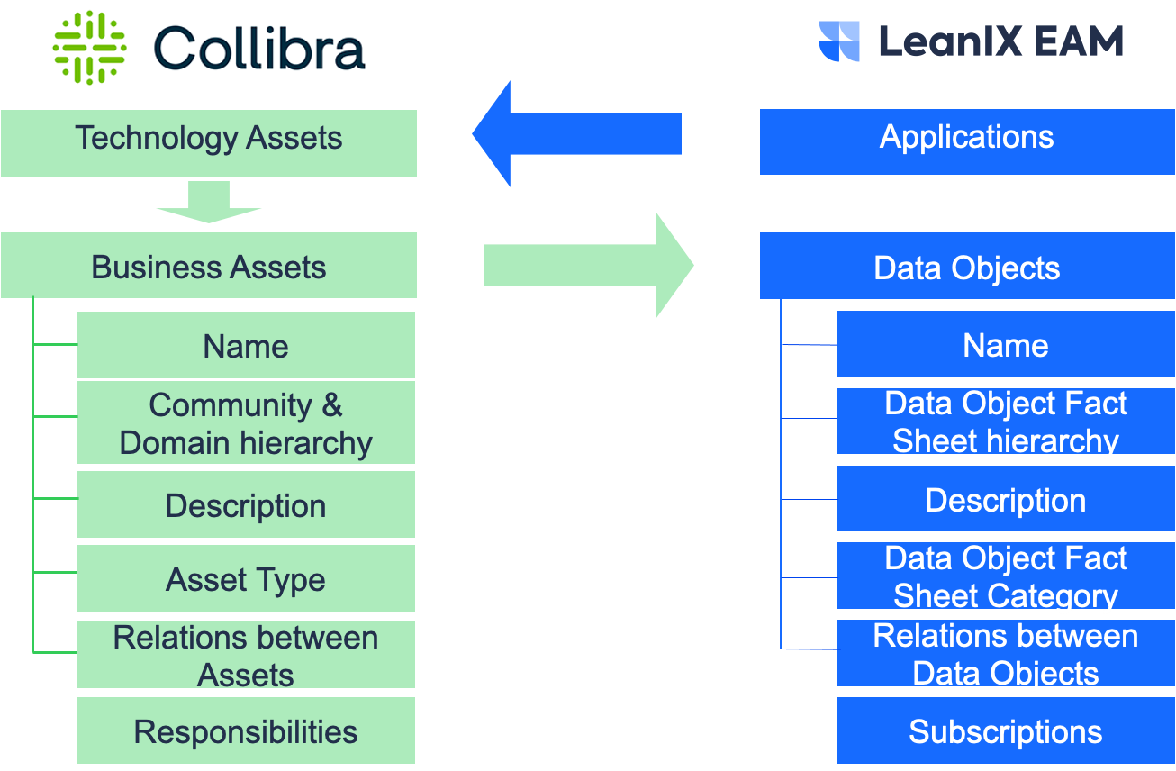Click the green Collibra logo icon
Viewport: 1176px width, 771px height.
pos(89,47)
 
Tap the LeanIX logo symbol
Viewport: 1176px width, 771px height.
pos(839,41)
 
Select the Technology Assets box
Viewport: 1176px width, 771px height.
pos(209,142)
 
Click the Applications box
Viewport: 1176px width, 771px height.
pos(967,141)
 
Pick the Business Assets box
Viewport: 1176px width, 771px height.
pos(209,266)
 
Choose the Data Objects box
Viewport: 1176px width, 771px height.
pos(967,266)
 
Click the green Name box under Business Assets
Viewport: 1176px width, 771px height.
pos(246,345)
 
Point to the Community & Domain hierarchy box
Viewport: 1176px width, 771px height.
pos(246,423)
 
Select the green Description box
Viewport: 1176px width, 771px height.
pos(246,504)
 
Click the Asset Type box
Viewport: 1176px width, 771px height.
pos(246,578)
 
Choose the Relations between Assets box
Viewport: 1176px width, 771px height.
pos(246,655)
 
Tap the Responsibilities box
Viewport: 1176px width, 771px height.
pos(246,730)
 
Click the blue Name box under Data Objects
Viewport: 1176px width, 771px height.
pos(1006,344)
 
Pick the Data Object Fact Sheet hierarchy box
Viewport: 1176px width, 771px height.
pos(1006,422)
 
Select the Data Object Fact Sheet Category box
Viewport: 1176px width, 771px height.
pos(1006,576)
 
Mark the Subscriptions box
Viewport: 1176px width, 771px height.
pos(1006,730)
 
